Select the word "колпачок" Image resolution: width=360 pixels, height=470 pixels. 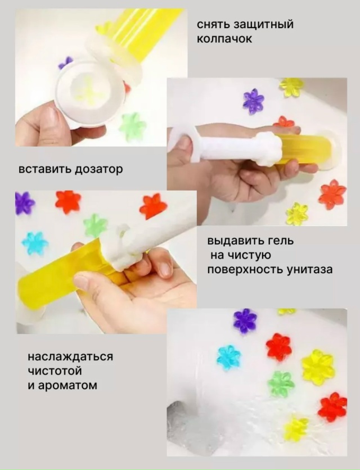tap(224, 39)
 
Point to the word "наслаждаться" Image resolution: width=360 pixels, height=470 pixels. tap(70, 357)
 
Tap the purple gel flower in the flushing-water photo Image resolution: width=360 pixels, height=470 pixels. tap(245, 321)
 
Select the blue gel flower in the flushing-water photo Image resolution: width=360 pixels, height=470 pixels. tap(228, 358)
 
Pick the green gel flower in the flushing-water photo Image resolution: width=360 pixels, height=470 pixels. tap(280, 384)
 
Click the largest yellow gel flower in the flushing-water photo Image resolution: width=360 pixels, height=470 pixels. tap(317, 367)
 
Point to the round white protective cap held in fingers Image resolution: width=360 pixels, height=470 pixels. tap(91, 93)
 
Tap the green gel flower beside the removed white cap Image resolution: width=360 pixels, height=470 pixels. tap(133, 126)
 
